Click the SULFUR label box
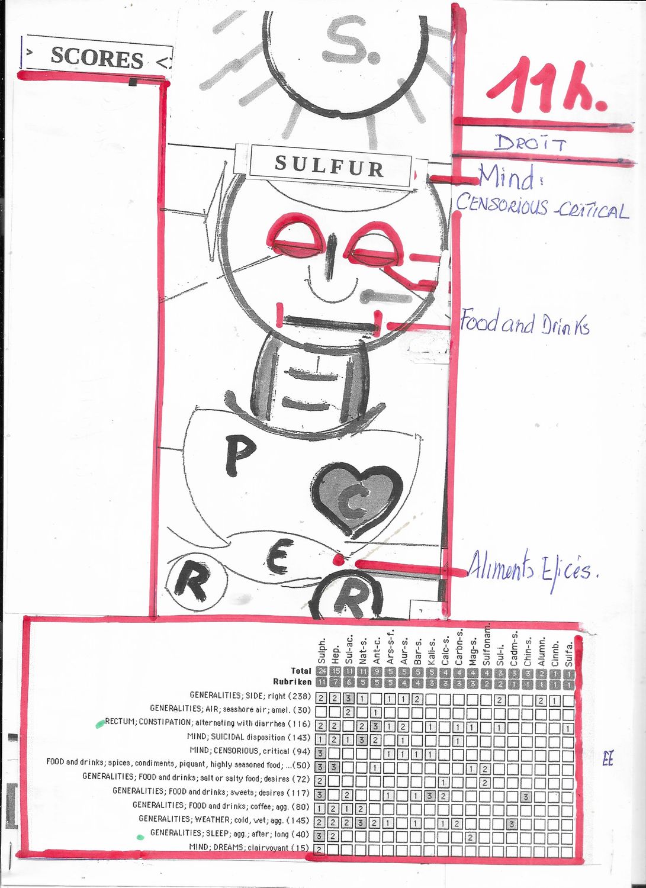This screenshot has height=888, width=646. [330, 165]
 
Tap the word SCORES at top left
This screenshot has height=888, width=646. [97, 58]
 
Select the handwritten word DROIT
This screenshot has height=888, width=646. [531, 143]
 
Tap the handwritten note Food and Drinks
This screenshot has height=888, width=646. [525, 323]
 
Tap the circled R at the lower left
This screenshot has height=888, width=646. [195, 583]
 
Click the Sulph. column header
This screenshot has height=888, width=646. [322, 651]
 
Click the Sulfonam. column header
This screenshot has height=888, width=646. [487, 645]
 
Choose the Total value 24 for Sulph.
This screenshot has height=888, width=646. [322, 671]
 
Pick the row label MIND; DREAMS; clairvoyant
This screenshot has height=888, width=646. [249, 848]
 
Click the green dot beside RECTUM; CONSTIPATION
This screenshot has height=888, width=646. [100, 723]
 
